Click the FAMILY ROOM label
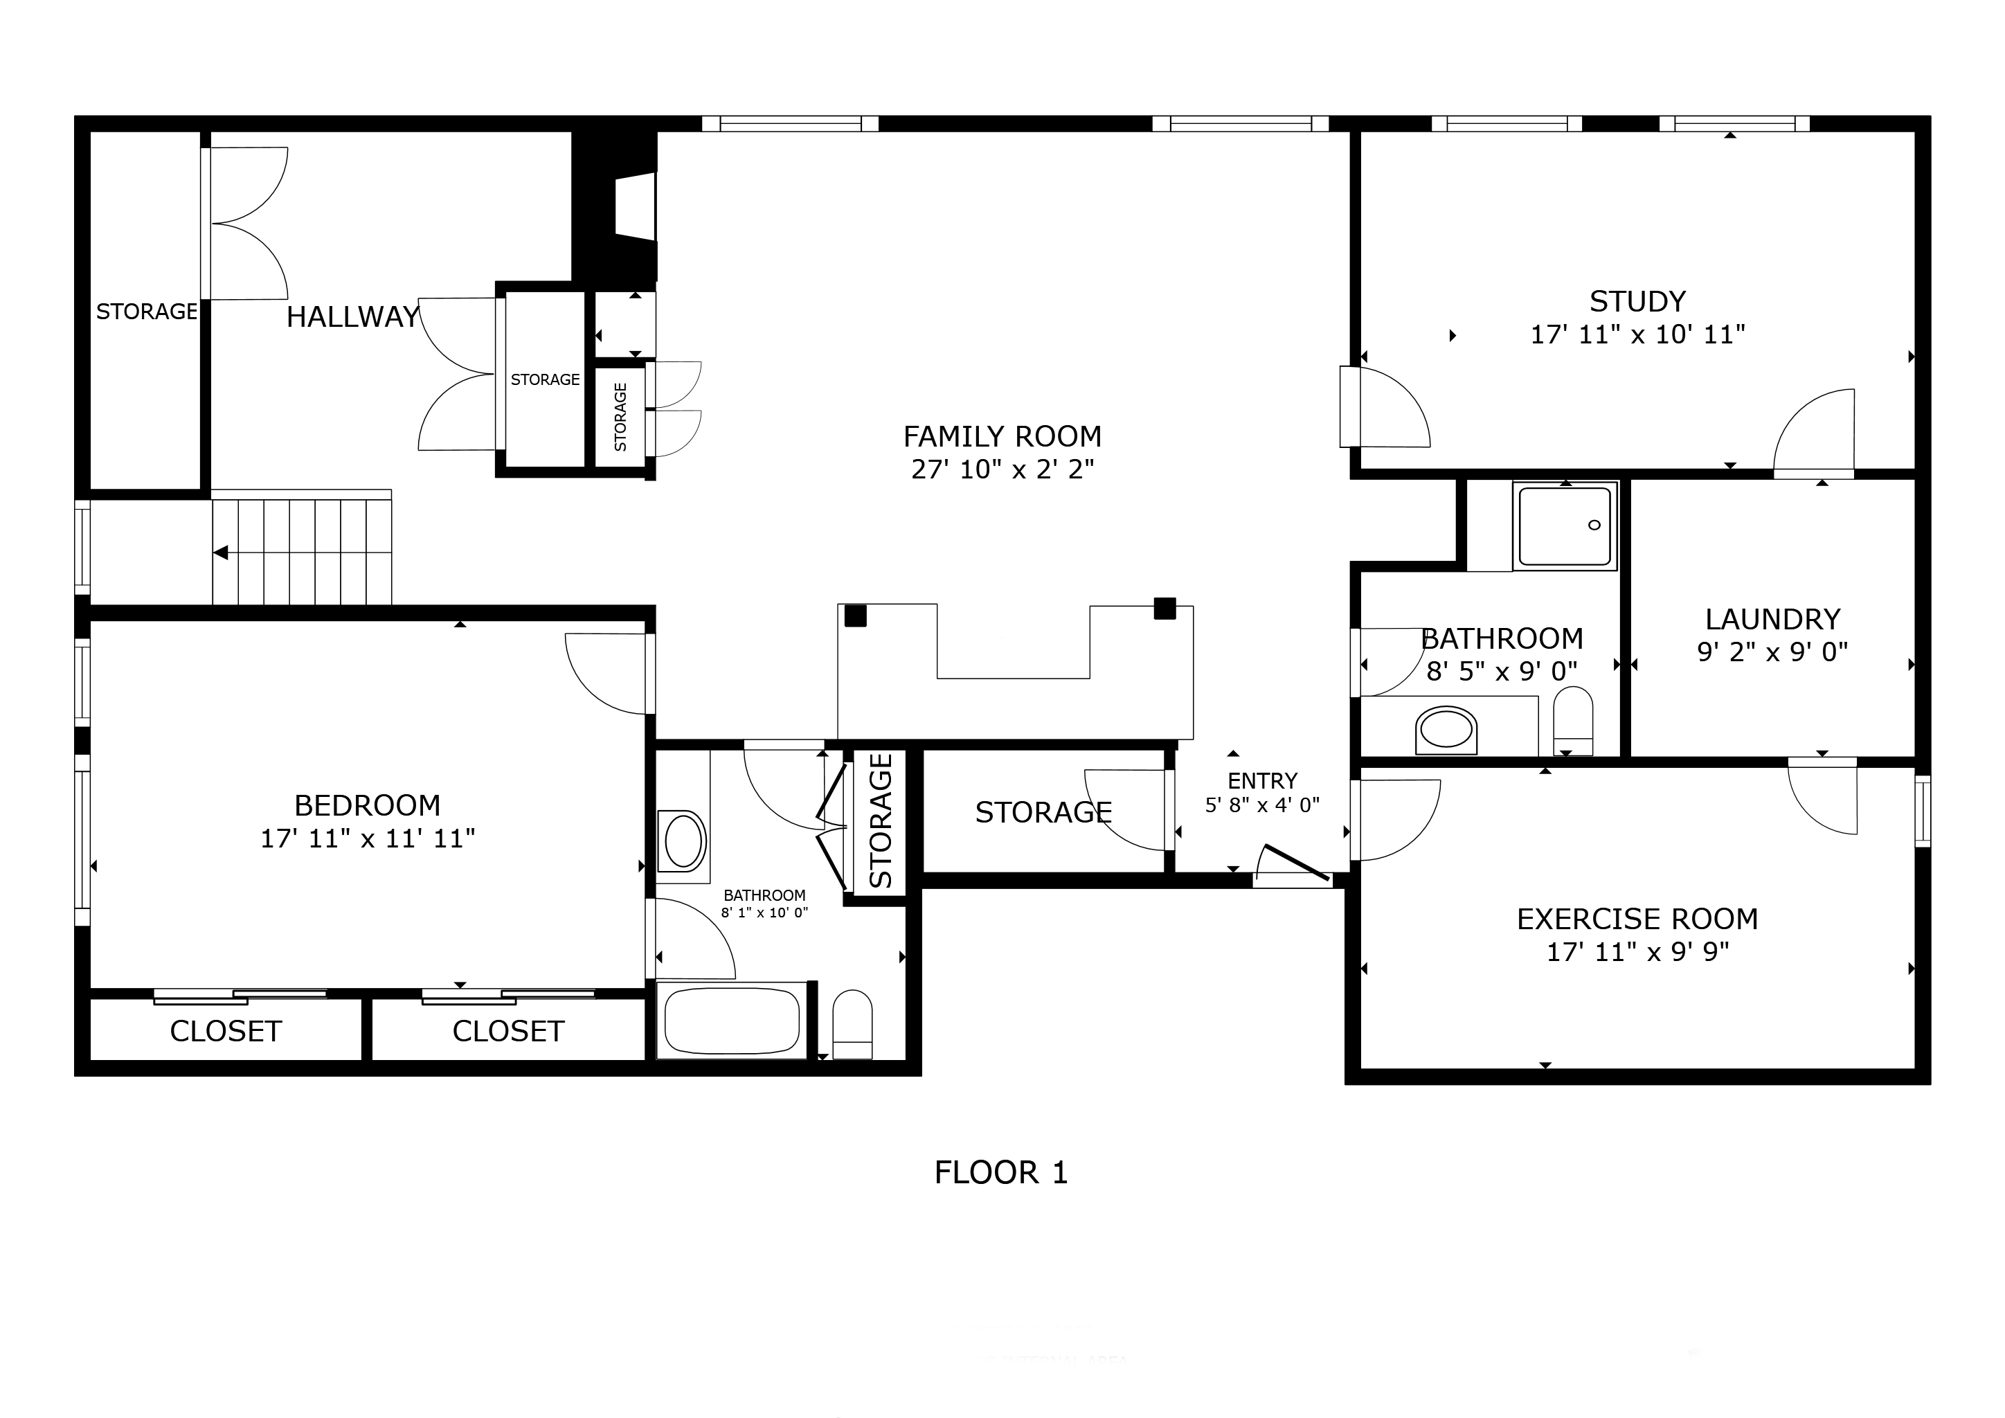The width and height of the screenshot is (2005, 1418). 1002,436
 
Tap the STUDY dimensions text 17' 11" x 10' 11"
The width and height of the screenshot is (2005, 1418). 1637,334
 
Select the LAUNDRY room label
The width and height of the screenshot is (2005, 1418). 1772,619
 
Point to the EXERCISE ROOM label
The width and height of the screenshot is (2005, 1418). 1637,919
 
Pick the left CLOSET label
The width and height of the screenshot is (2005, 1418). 225,1031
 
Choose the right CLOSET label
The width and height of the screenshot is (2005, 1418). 508,1031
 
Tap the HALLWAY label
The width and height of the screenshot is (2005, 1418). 353,317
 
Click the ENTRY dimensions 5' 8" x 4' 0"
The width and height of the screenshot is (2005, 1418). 1262,805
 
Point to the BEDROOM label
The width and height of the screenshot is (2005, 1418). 367,805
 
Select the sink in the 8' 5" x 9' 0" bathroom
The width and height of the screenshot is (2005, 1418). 1446,730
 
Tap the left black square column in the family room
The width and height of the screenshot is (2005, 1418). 855,616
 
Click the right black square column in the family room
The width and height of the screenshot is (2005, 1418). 1164,609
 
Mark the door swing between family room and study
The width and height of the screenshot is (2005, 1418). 1389,409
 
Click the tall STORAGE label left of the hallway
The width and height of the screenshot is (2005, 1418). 146,312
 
